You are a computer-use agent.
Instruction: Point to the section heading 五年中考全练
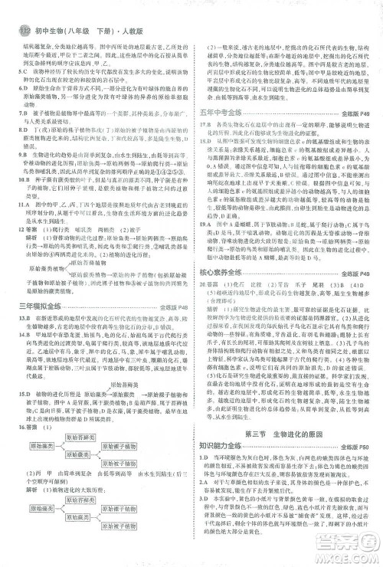(223, 113)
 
